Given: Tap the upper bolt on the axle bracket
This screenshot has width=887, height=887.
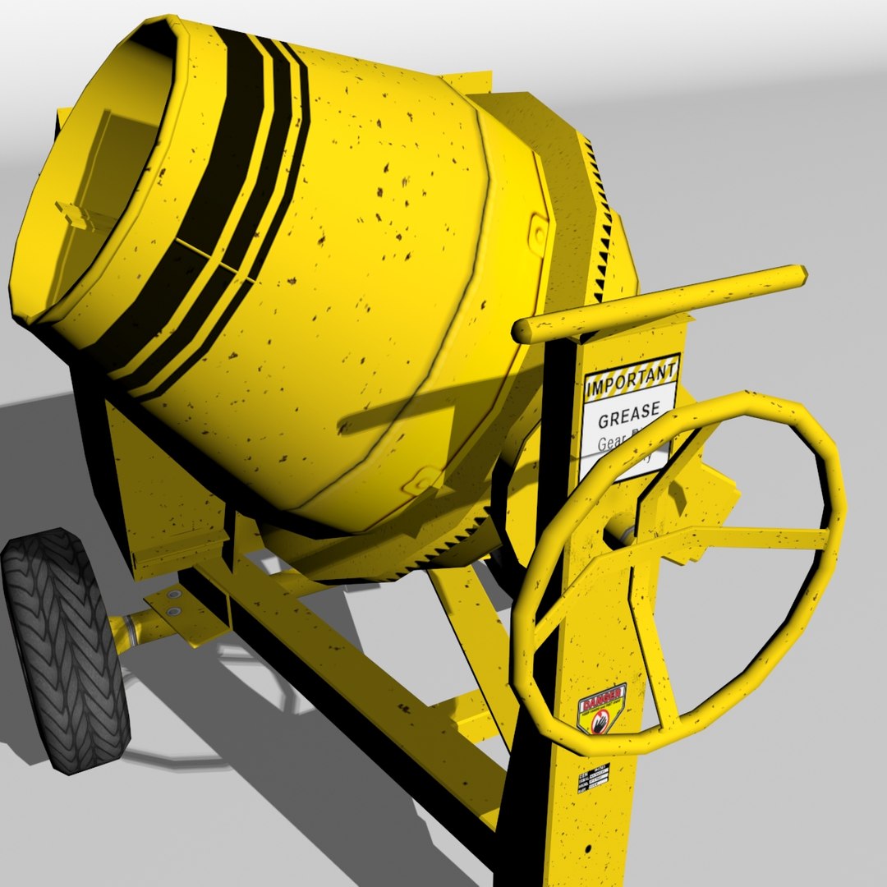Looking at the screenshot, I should click(x=173, y=593).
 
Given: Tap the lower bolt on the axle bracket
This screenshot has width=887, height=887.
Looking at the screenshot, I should click(x=174, y=612).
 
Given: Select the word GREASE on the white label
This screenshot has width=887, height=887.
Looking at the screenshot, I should click(x=629, y=420).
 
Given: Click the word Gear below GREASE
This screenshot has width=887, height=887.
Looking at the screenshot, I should click(x=613, y=444).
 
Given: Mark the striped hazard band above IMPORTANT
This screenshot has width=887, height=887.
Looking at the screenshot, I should click(x=632, y=365).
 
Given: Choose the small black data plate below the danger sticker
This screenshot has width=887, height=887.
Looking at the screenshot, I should click(x=593, y=777).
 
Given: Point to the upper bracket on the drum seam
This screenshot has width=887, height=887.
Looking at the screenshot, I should click(x=539, y=233).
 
